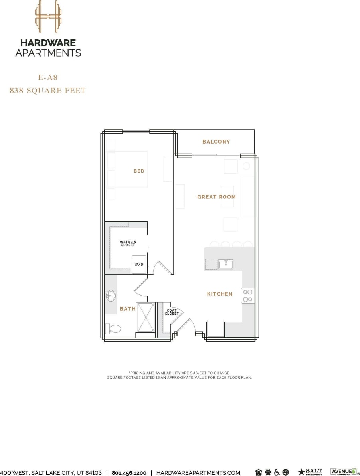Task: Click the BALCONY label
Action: click(x=216, y=142)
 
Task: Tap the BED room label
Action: click(x=139, y=171)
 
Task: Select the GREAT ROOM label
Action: click(x=216, y=197)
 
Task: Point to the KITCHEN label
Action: click(x=220, y=294)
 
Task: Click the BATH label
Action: click(x=128, y=309)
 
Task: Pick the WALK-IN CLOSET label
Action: click(x=128, y=243)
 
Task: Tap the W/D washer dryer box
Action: click(x=139, y=265)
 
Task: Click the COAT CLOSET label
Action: click(x=172, y=312)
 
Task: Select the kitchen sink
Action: click(x=226, y=264)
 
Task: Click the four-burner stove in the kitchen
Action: click(x=247, y=295)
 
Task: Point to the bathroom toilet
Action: click(x=114, y=329)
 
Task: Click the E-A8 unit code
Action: click(x=47, y=77)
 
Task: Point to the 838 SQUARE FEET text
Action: click(x=47, y=91)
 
